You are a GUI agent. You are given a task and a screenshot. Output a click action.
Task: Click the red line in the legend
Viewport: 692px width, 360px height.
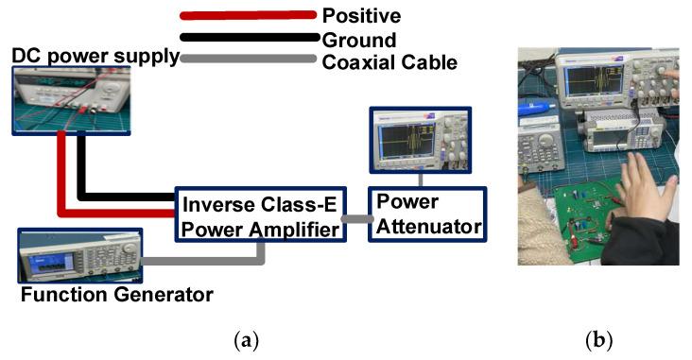[248, 15]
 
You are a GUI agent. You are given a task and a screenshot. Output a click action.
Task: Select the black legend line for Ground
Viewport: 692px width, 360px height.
[248, 38]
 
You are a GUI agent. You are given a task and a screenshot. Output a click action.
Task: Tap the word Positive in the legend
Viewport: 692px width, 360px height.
[362, 15]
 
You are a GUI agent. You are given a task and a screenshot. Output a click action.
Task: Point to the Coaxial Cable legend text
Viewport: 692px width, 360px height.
[389, 62]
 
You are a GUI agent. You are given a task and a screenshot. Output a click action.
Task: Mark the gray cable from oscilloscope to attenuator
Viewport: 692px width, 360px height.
[423, 180]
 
